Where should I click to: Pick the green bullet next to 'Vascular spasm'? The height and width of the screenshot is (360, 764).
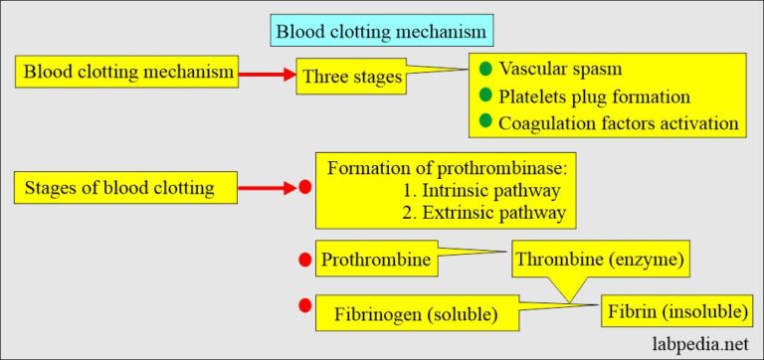click(x=485, y=70)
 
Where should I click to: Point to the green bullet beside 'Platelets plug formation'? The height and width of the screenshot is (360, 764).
click(x=485, y=95)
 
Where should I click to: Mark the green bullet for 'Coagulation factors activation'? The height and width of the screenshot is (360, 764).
click(x=485, y=121)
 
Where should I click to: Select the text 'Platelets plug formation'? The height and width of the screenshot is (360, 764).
click(x=595, y=96)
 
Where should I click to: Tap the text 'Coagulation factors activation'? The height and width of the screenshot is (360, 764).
click(x=619, y=122)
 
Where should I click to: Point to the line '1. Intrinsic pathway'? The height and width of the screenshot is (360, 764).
click(x=481, y=190)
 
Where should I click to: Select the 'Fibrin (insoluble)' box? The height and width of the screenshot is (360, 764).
click(x=675, y=311)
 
